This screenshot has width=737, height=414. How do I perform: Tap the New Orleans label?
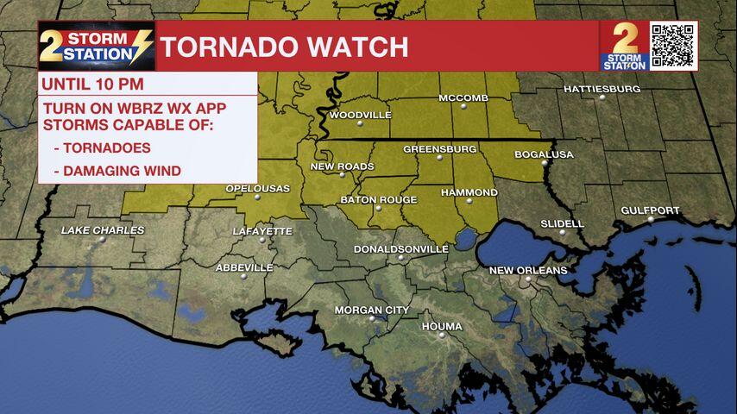[x=528, y=270]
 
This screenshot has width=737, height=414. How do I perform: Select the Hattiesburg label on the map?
[x=602, y=89]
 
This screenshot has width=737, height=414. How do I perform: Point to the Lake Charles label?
[x=103, y=230]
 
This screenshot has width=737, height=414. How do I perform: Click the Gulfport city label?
[x=650, y=210]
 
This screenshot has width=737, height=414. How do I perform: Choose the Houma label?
[x=441, y=326]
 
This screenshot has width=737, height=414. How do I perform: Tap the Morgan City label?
[x=371, y=310]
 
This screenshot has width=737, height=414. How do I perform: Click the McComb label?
[x=463, y=97]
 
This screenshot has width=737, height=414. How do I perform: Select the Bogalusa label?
[x=544, y=154]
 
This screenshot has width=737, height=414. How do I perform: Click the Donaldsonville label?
[x=401, y=249]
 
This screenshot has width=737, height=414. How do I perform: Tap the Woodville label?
[x=360, y=115]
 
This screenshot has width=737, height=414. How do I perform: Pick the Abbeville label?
[x=244, y=267]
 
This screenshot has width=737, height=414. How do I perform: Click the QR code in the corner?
[x=672, y=46]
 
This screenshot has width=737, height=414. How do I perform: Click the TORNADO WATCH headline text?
[x=284, y=47]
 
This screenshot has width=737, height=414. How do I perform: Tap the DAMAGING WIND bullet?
[x=117, y=171]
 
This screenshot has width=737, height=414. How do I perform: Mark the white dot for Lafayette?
[x=261, y=240]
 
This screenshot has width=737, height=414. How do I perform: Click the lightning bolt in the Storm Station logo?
[x=140, y=46]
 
